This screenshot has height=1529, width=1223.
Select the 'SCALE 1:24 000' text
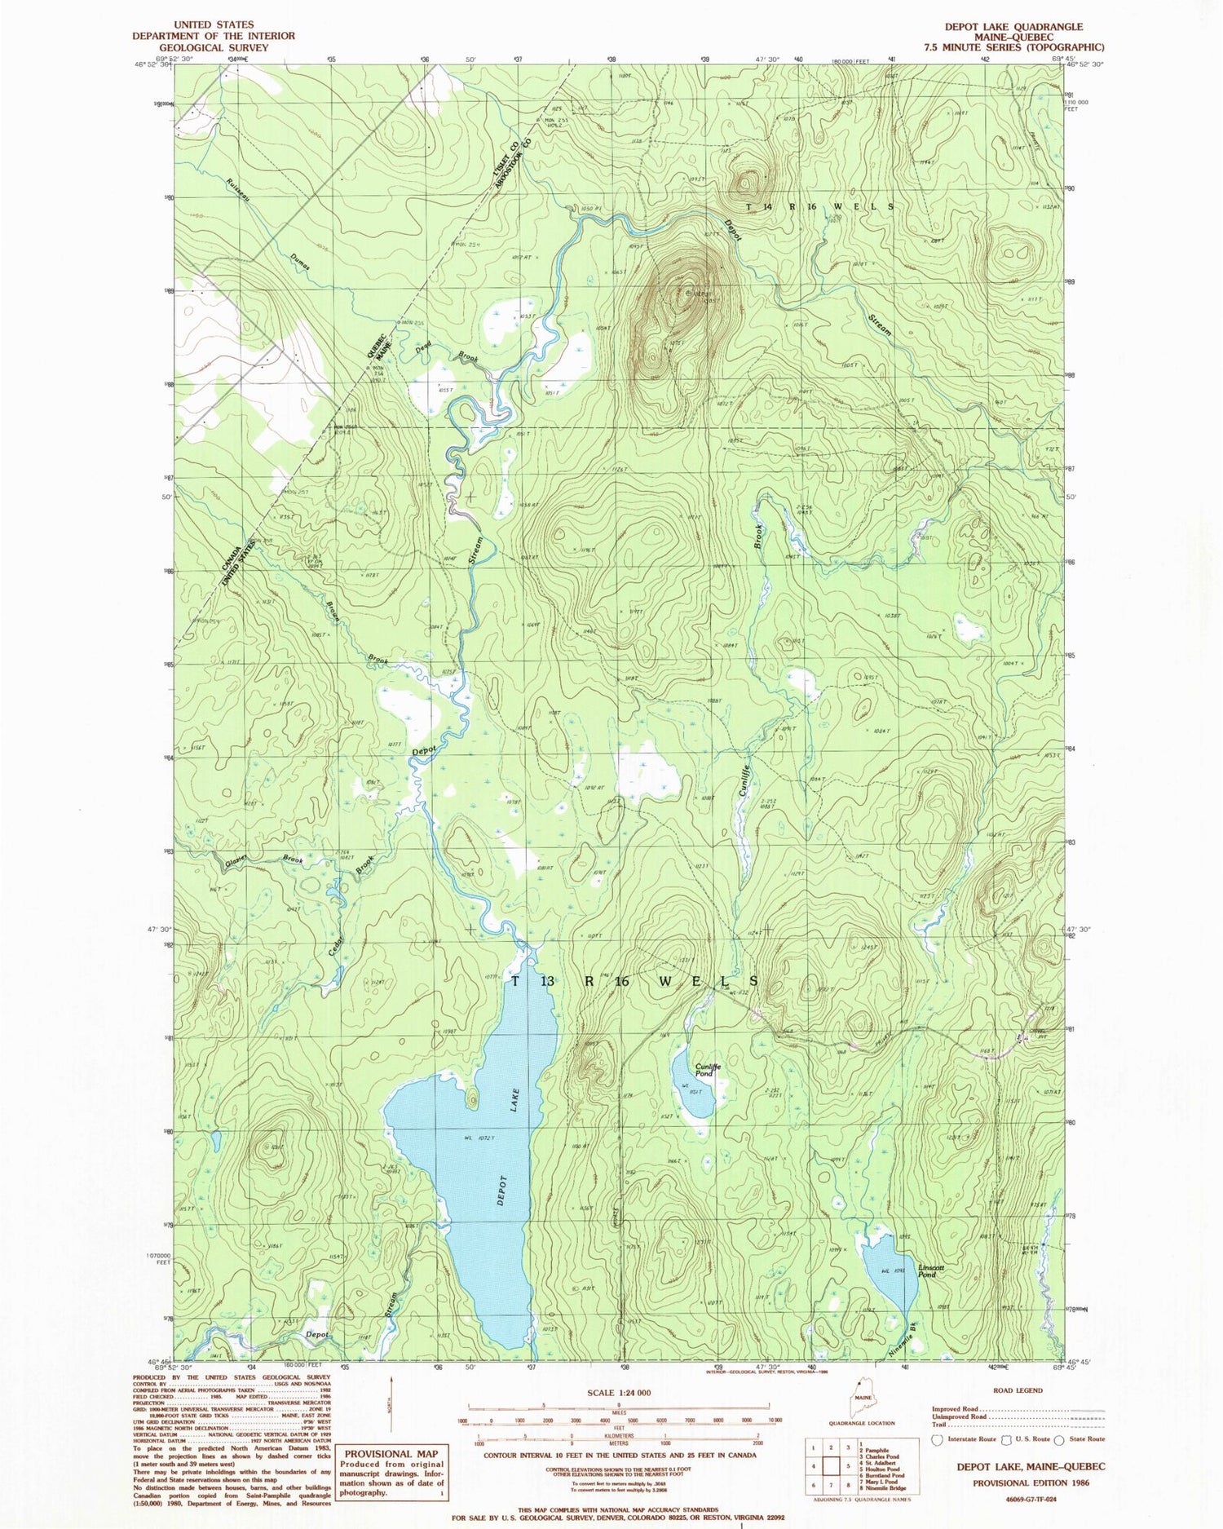[x=619, y=1393]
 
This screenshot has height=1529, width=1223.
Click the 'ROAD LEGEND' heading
[x=1018, y=1390]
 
